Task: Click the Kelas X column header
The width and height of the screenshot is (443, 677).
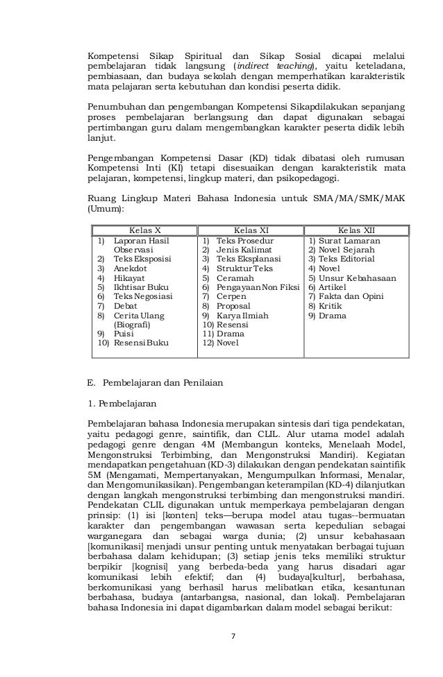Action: point(145,230)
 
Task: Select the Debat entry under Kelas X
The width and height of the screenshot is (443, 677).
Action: point(126,305)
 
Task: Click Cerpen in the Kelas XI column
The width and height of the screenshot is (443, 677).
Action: point(231,295)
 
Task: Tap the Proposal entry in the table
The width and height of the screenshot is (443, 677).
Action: point(234,305)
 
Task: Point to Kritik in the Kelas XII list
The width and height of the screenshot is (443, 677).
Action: point(331,305)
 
